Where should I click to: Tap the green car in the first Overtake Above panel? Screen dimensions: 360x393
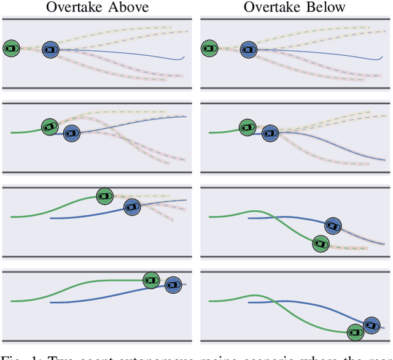[11, 48]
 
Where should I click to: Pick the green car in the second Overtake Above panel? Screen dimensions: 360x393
[50, 127]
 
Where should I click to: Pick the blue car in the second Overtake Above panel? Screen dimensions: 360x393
[71, 132]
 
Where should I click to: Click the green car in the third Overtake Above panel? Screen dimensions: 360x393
[105, 196]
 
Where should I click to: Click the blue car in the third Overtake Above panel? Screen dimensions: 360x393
[131, 207]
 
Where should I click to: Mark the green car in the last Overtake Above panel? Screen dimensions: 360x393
[151, 280]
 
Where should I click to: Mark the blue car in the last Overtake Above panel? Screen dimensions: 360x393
[173, 283]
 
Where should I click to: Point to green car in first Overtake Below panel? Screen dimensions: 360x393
[210, 48]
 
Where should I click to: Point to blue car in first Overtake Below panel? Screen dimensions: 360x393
[248, 50]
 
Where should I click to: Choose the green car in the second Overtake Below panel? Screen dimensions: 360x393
[248, 127]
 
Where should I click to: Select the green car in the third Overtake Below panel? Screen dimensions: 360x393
[320, 243]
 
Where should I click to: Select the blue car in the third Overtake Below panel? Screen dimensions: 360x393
[333, 226]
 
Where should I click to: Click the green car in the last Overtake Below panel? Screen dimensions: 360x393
[354, 332]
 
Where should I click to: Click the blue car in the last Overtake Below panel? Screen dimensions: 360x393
[371, 325]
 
